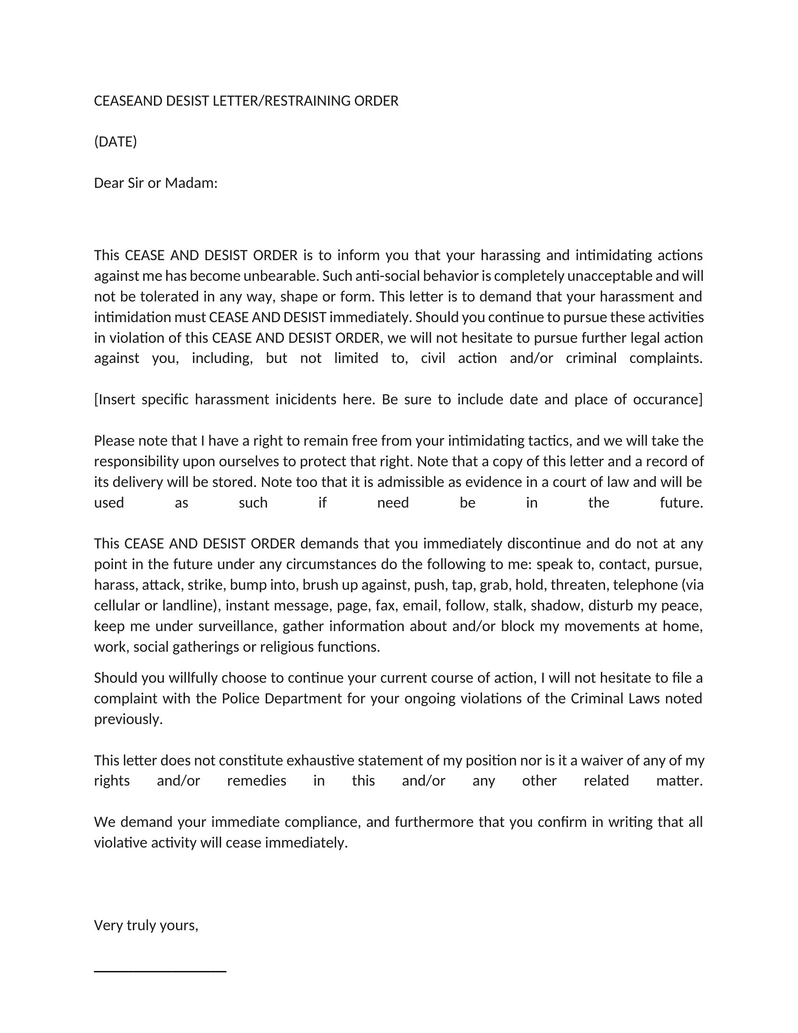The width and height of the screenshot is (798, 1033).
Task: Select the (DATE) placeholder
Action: pos(115,142)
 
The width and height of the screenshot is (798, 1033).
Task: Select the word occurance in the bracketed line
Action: pos(666,400)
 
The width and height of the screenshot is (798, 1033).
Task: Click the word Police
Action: pos(241,699)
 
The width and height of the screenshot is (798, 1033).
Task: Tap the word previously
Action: pos(128,719)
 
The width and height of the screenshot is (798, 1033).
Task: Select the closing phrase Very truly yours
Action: pos(146,925)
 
